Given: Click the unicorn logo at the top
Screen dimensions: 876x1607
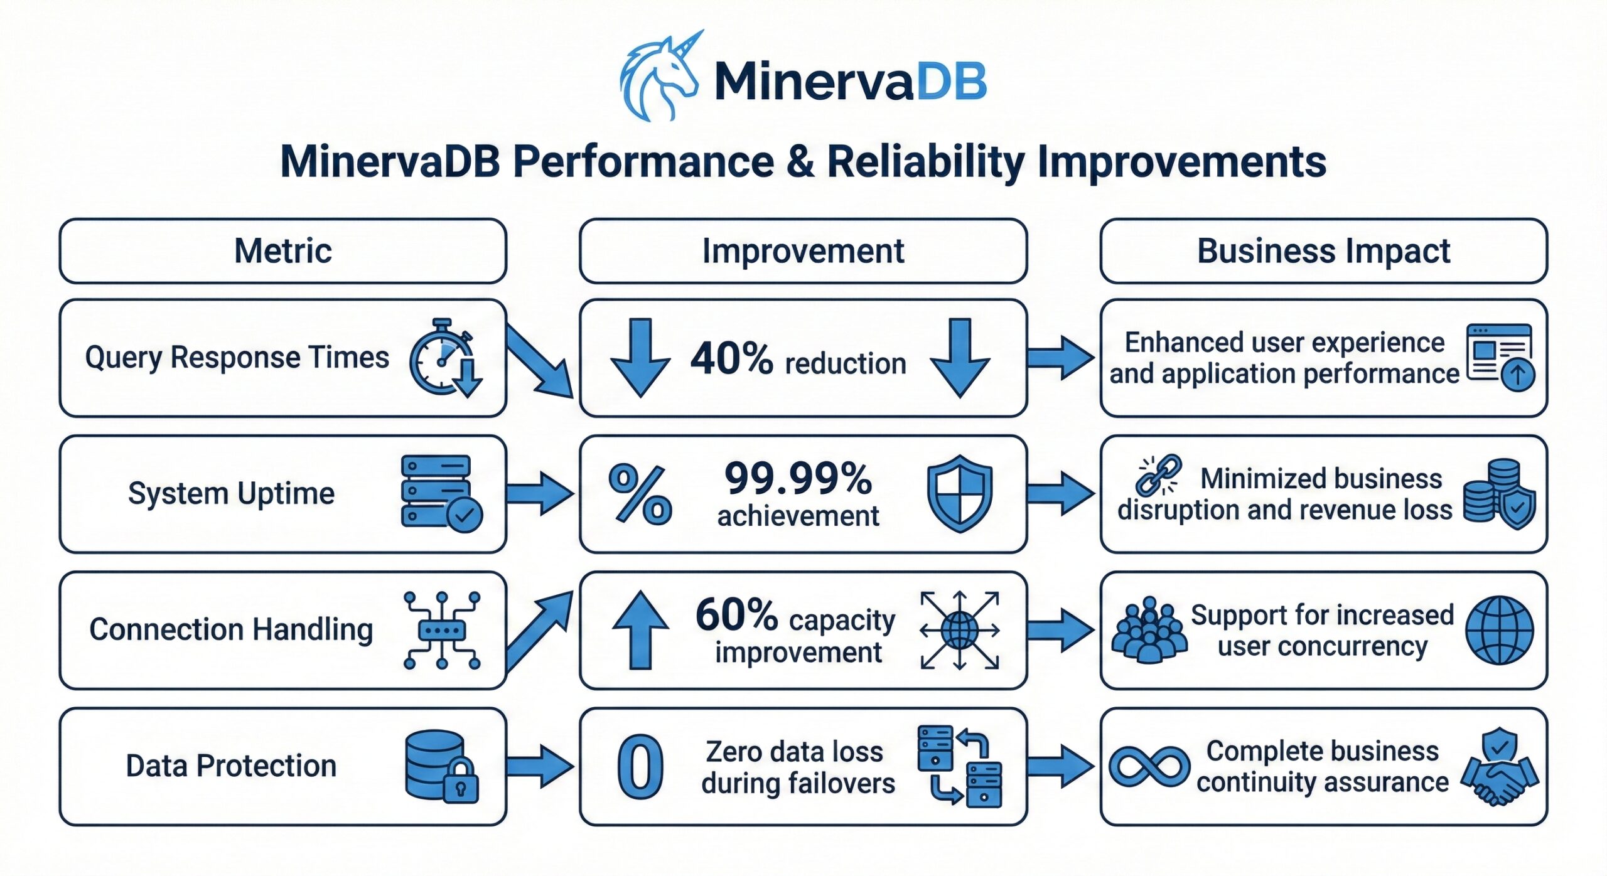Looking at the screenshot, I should pyautogui.click(x=658, y=77).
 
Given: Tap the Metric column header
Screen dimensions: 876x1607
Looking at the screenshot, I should pyautogui.click(x=282, y=251).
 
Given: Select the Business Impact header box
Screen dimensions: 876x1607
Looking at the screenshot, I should pyautogui.click(x=1323, y=251).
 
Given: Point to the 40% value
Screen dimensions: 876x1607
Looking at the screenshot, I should pyautogui.click(x=731, y=359).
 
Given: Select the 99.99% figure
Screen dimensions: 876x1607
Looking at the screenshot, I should pyautogui.click(x=798, y=478).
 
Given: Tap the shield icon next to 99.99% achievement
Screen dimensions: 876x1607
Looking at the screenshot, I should pyautogui.click(x=960, y=493).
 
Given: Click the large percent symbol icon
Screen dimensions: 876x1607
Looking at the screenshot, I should pyautogui.click(x=640, y=494).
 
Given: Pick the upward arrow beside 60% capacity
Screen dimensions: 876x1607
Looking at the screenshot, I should pyautogui.click(x=640, y=629).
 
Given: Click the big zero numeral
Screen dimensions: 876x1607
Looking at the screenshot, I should pyautogui.click(x=640, y=767).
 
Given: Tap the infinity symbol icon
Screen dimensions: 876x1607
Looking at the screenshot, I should pyautogui.click(x=1149, y=767).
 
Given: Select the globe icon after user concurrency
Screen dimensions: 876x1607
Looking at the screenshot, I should pyautogui.click(x=1499, y=630).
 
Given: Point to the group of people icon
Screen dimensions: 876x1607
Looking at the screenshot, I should pyautogui.click(x=1149, y=630).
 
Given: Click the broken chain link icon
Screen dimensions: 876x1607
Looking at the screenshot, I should pyautogui.click(x=1158, y=475).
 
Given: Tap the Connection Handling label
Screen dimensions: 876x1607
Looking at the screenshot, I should pyautogui.click(x=231, y=629).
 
